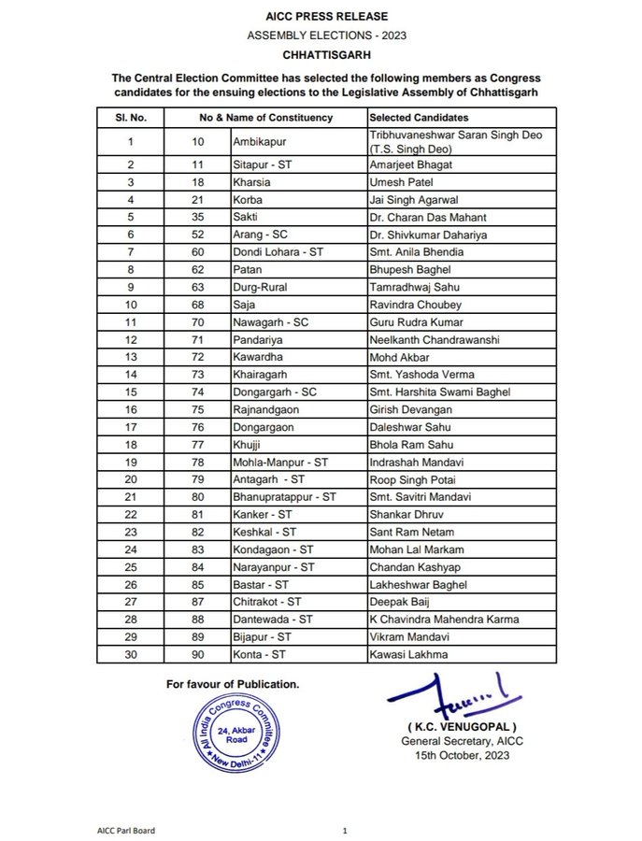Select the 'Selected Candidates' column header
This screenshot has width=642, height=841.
click(419, 118)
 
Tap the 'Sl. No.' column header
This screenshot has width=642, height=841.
click(131, 118)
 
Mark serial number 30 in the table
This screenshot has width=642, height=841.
click(131, 654)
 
